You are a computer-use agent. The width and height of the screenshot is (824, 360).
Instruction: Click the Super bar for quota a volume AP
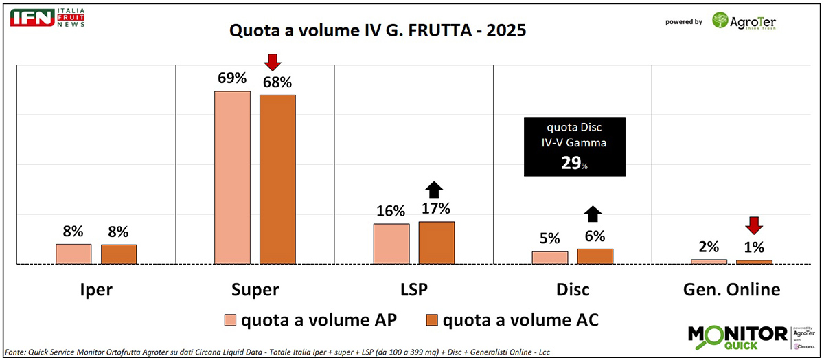pos(232,177)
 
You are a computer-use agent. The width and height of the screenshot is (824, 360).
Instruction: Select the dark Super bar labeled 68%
pos(277,179)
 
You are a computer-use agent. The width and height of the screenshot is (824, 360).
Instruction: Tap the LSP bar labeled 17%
pos(437,242)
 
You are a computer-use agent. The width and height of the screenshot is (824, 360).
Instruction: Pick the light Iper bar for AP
pos(73,254)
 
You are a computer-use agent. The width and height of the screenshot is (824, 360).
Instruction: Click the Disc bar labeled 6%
pos(595,256)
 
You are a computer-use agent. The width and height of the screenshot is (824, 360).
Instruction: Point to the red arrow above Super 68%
pos(273,62)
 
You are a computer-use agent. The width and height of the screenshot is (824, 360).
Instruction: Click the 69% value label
pos(232,78)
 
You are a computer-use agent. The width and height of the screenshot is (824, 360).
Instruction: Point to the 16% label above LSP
pos(391,211)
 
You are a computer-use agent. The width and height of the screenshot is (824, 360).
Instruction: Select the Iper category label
pos(95,289)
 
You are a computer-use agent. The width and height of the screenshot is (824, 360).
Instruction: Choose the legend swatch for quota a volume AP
pos(231,320)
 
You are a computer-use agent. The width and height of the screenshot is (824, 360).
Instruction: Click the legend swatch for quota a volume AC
pos(432,320)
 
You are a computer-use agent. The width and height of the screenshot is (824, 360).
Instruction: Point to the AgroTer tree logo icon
pos(721,21)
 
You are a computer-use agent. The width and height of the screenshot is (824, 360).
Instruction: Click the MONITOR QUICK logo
pos(738,335)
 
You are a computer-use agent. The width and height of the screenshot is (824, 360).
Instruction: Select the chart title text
pos(378,31)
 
